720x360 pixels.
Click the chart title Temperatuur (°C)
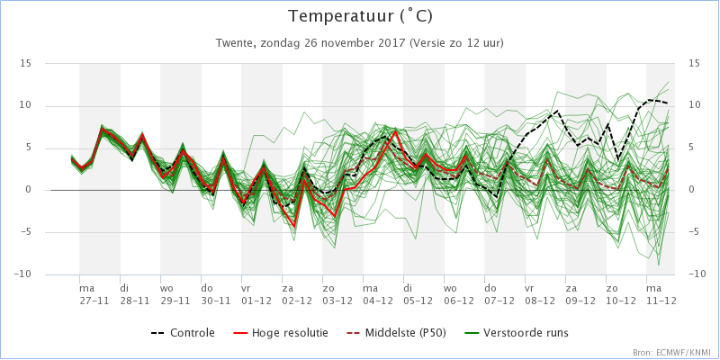tap(360, 16)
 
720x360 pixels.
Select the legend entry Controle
tap(183, 332)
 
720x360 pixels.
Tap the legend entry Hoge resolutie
tap(283, 332)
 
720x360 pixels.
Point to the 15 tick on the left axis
tap(26, 63)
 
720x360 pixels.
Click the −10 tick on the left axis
tap(22, 274)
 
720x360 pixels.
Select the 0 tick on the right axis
tap(691, 190)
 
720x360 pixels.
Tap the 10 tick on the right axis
tap(693, 105)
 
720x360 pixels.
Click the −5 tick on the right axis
tap(694, 232)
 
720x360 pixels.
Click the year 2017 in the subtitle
tap(393, 43)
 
